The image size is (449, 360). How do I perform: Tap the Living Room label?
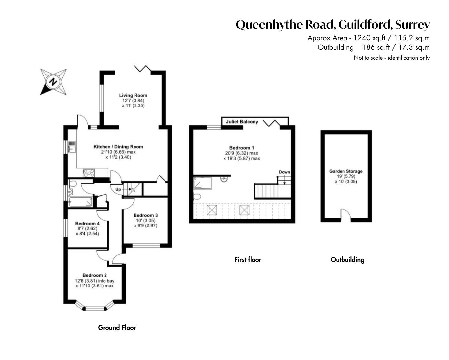pyautogui.click(x=133, y=95)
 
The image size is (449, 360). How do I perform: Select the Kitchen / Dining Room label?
pyautogui.click(x=118, y=147)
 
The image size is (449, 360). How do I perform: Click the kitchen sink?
pyautogui.click(x=72, y=147)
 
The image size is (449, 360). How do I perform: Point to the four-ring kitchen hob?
pyautogui.click(x=89, y=173)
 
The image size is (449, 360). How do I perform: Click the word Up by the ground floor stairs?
pyautogui.click(x=118, y=189)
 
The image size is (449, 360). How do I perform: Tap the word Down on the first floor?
pyautogui.click(x=284, y=172)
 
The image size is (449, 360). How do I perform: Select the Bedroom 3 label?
pyautogui.click(x=146, y=215)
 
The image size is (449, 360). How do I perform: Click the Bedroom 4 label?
pyautogui.click(x=87, y=223)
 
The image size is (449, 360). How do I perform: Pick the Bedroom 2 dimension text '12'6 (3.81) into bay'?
pyautogui.click(x=95, y=281)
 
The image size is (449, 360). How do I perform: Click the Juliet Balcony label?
pyautogui.click(x=242, y=122)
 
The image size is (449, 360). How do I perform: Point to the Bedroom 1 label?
pyautogui.click(x=242, y=148)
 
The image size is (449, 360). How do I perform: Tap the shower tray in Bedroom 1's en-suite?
pyautogui.click(x=203, y=183)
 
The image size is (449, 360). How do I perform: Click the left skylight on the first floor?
pyautogui.click(x=212, y=210)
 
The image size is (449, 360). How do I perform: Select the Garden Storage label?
pyautogui.click(x=346, y=171)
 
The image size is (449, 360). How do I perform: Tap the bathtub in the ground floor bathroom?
pyautogui.click(x=80, y=202)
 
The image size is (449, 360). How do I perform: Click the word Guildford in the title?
pyautogui.click(x=364, y=25)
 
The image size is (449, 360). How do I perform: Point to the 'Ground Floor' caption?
pyautogui.click(x=117, y=328)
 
